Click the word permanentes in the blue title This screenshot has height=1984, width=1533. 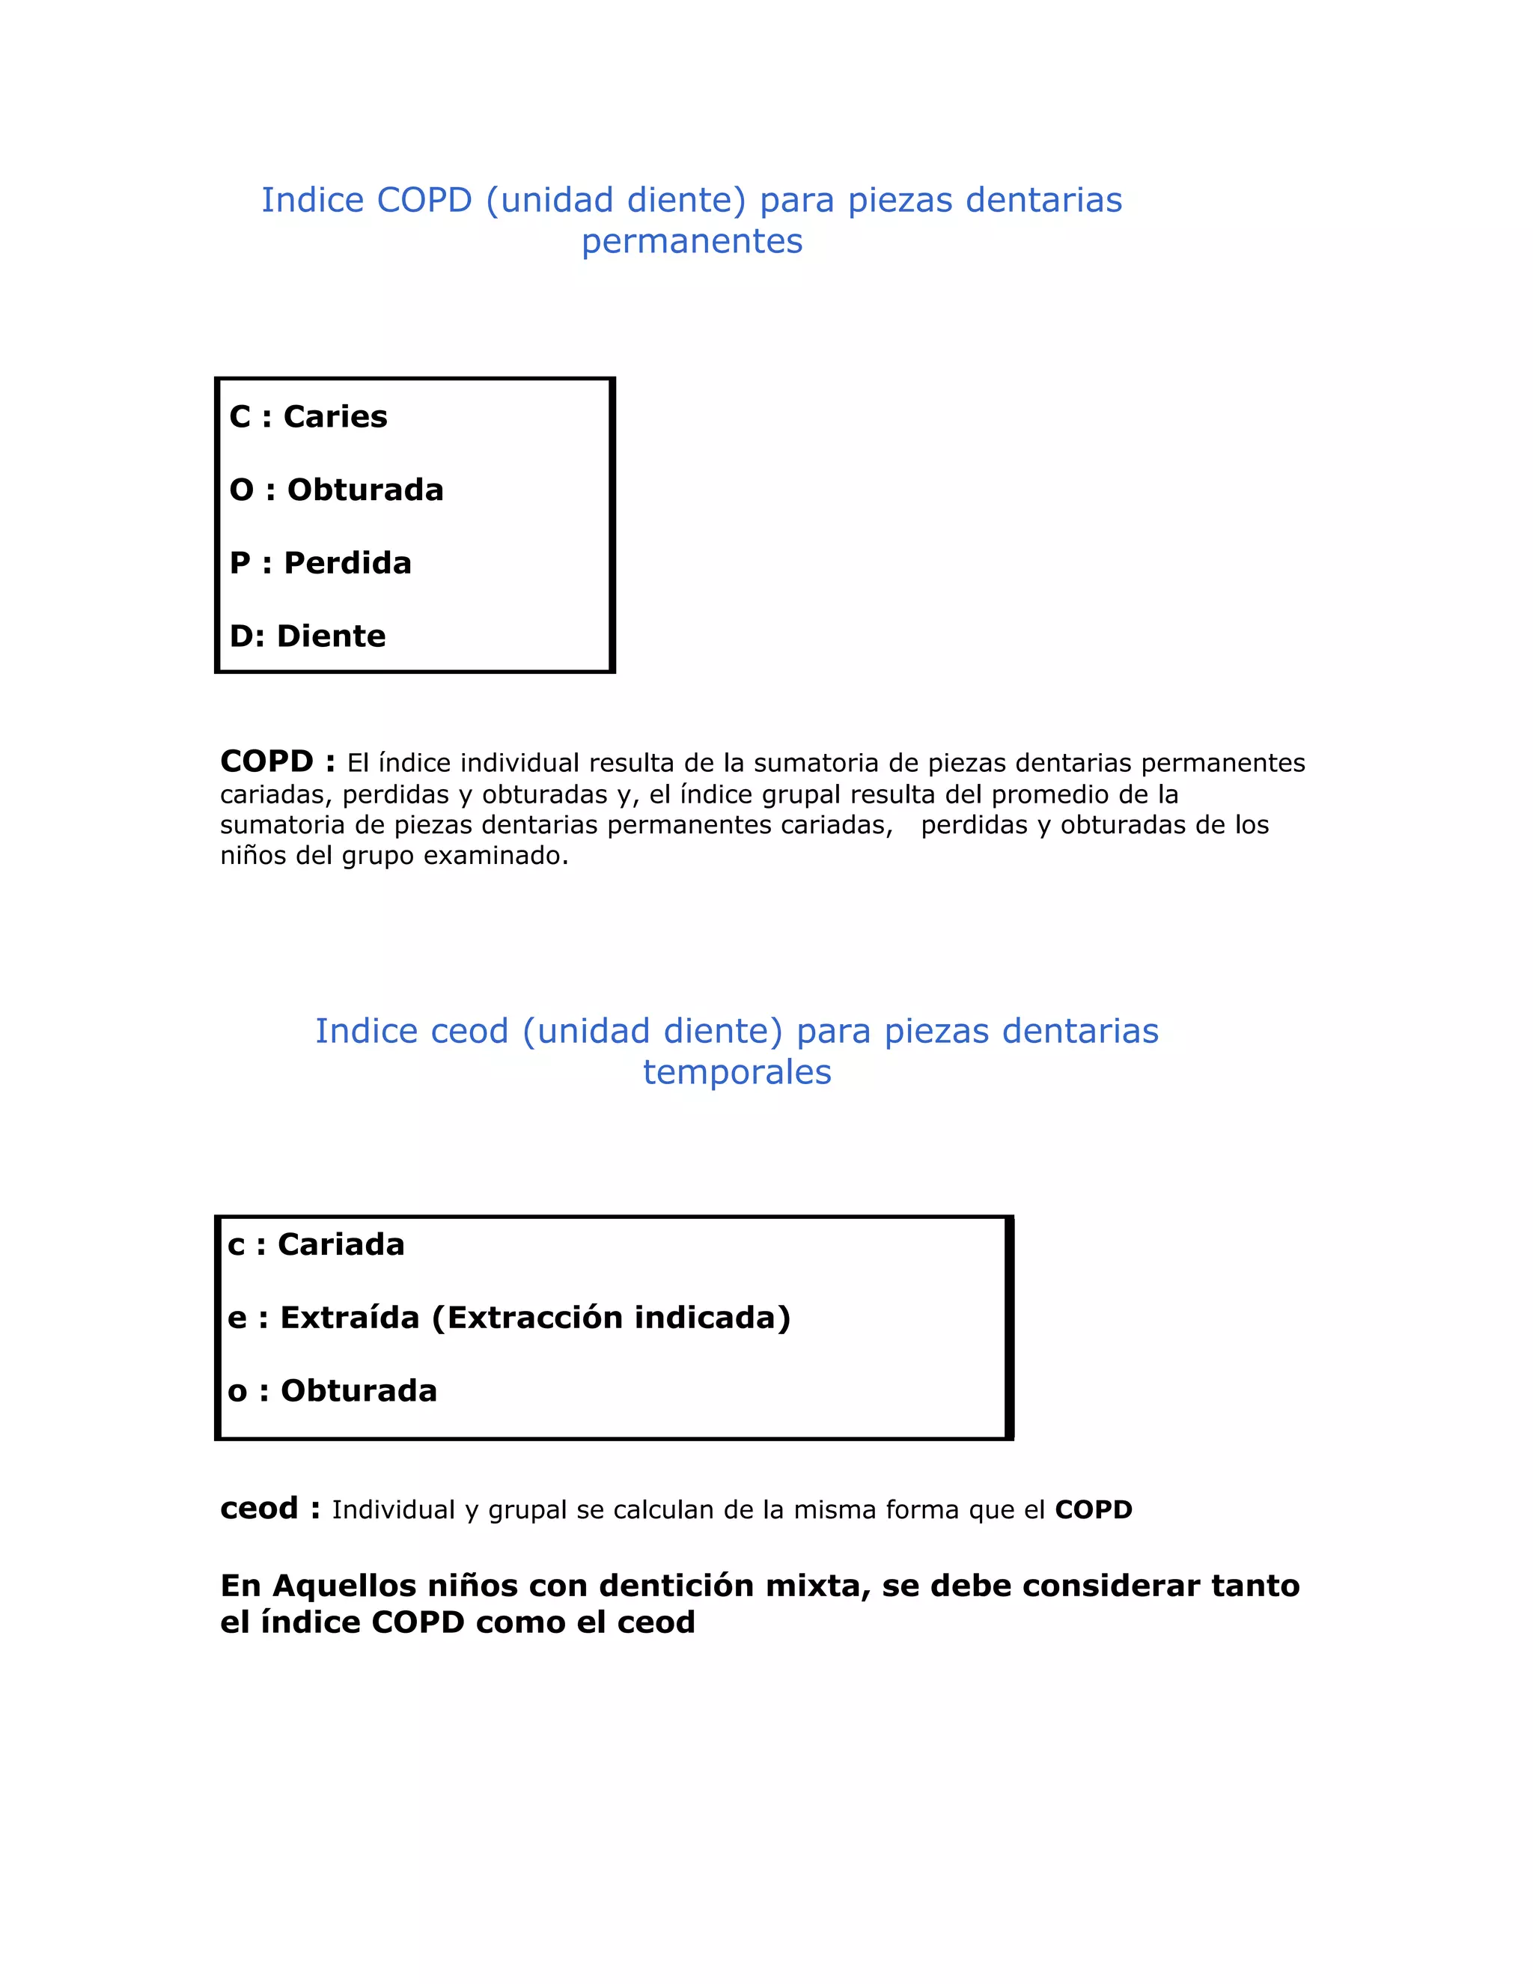point(692,242)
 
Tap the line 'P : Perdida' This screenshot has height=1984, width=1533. point(320,563)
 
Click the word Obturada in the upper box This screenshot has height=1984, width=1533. point(365,490)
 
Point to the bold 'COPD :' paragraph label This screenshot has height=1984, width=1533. point(277,761)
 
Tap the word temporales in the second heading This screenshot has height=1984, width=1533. point(737,1073)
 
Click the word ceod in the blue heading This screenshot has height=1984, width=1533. point(469,1032)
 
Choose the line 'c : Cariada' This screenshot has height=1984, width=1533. point(315,1244)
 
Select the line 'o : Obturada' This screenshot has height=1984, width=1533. point(332,1391)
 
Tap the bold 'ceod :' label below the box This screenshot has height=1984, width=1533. point(269,1509)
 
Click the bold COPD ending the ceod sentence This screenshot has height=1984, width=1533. point(1094,1510)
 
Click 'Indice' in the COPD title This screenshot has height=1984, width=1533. point(312,201)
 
